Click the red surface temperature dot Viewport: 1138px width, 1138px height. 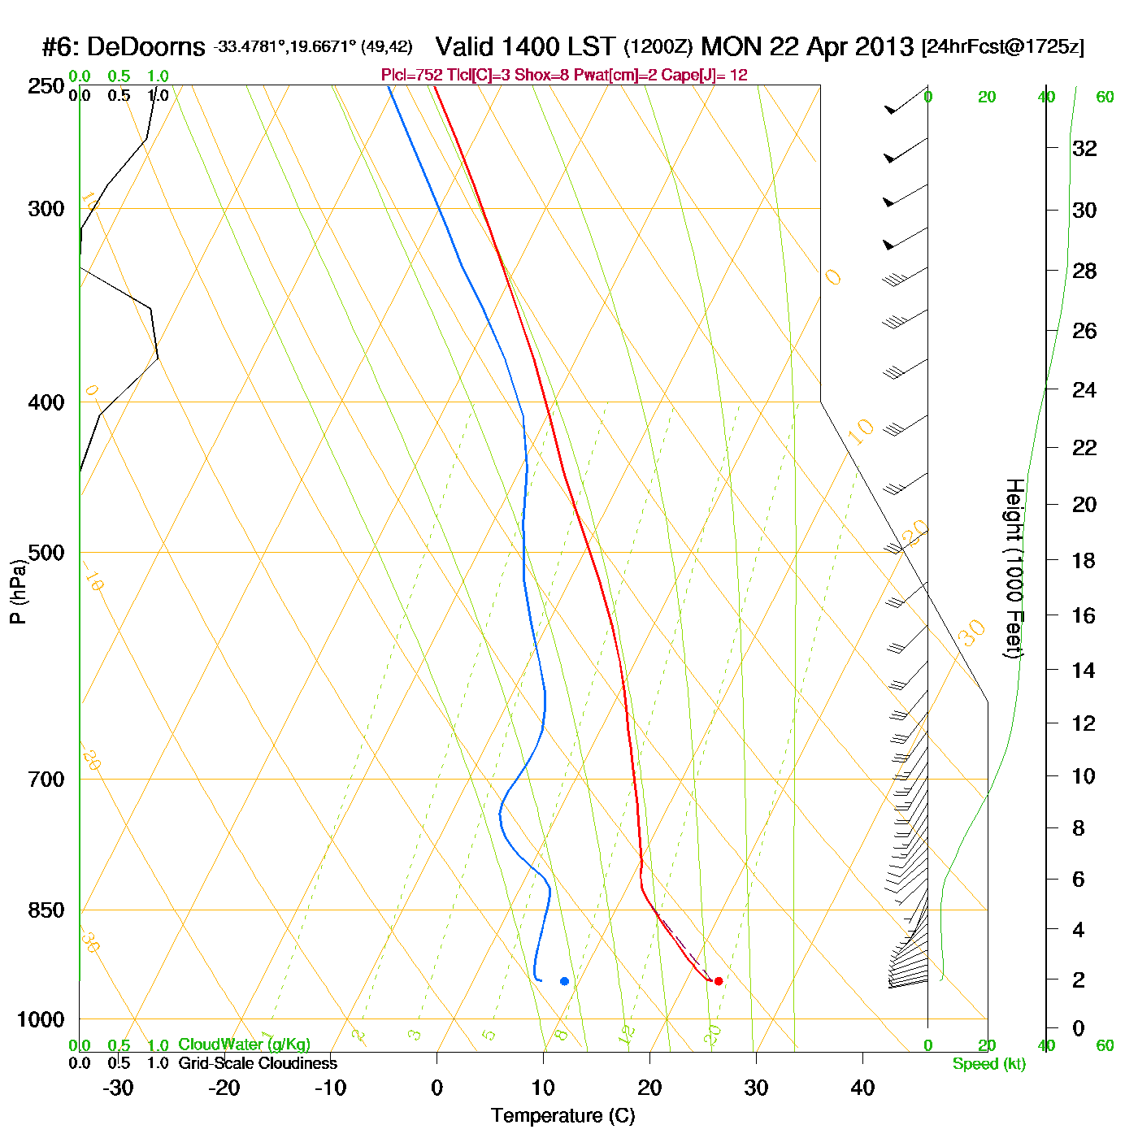(x=718, y=981)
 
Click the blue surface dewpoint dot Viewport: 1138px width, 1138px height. (x=564, y=981)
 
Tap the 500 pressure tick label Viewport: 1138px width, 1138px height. (x=46, y=553)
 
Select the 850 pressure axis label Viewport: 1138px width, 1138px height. (x=46, y=910)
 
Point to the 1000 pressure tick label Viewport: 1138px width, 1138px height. (x=41, y=1019)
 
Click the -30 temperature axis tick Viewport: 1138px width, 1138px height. (x=118, y=1088)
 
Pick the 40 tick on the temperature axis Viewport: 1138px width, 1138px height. (x=862, y=1088)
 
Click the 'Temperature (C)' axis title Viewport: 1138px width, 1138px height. (x=562, y=1116)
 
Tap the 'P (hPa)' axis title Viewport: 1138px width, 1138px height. (x=18, y=592)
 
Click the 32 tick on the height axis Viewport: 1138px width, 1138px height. (x=1084, y=148)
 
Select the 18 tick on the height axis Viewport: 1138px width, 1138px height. (x=1084, y=560)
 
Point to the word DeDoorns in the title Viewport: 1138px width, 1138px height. (x=146, y=47)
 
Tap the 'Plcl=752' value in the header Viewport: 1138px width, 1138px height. (x=411, y=75)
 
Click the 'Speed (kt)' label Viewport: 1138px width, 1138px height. (x=989, y=1064)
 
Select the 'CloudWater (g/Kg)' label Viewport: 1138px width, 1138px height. (x=244, y=1045)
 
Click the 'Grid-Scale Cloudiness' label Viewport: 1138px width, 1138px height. (x=258, y=1063)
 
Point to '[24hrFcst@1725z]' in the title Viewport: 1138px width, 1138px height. (x=1002, y=47)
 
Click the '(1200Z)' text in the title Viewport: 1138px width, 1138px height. (x=658, y=47)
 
